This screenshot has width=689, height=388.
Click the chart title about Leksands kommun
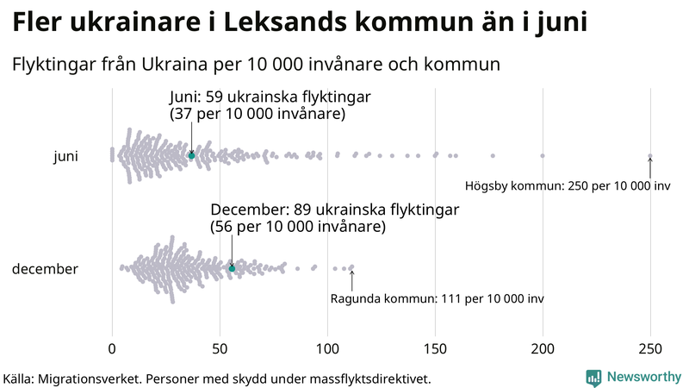click(300, 22)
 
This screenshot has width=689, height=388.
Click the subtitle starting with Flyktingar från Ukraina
click(256, 64)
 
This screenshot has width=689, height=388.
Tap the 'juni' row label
click(65, 156)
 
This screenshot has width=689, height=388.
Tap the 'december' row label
click(45, 269)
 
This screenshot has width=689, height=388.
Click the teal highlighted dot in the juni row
click(192, 155)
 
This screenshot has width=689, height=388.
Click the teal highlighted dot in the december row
click(232, 268)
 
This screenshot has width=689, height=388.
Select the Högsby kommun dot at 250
click(650, 156)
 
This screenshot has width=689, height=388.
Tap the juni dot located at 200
click(543, 156)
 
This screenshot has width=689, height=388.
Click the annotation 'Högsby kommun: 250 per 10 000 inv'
click(568, 185)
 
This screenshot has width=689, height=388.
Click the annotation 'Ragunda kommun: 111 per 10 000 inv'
click(437, 298)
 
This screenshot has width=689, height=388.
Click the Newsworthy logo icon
click(593, 378)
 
